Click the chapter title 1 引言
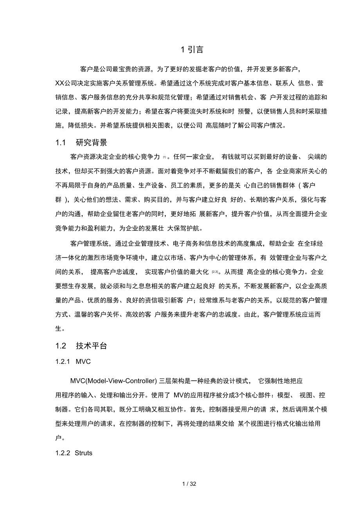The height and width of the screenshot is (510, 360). (191, 50)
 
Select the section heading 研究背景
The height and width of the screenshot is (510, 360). (92, 142)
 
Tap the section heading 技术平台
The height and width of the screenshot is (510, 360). (92, 346)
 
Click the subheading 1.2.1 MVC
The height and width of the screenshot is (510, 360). (73, 362)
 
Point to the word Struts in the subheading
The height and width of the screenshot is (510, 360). (83, 453)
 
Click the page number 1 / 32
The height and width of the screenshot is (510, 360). (189, 484)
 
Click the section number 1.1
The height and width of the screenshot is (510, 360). (60, 142)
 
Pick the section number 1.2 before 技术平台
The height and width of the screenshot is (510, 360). (60, 346)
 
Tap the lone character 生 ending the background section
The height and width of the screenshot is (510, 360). (59, 329)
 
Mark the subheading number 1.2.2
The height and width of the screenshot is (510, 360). (63, 453)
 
